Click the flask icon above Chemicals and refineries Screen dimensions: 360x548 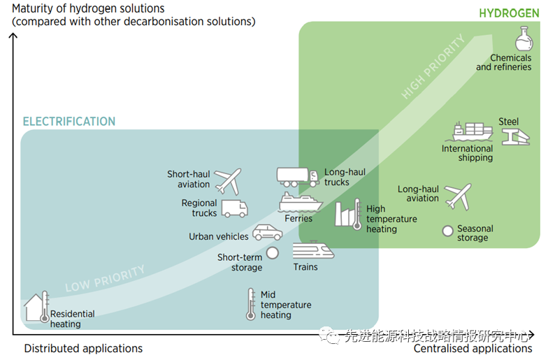524,39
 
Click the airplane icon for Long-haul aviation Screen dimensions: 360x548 459,196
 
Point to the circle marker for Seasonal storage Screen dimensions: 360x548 447,231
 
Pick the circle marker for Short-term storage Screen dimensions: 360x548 272,253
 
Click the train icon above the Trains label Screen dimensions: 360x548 308,250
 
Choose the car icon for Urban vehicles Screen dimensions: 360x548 267,232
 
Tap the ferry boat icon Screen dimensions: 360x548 300,202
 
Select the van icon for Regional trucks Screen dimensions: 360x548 234,208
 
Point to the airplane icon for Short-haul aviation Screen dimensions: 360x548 228,180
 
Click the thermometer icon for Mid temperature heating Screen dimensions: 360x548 251,304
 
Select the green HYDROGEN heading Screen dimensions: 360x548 509,13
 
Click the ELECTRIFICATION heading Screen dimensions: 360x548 69,122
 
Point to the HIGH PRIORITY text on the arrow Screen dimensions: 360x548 433,67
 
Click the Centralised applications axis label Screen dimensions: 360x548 473,348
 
